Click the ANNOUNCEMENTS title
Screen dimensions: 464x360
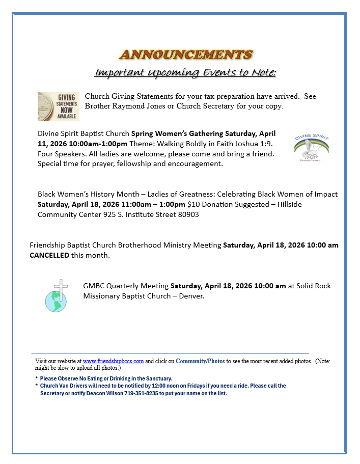[x=185, y=54]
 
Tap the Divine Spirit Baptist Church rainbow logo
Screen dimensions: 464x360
[x=311, y=147]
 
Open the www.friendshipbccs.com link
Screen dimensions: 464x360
[x=113, y=361]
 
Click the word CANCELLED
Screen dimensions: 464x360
[x=49, y=255]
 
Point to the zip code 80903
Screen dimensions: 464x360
[x=188, y=214]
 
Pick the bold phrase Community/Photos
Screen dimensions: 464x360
[x=200, y=361]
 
